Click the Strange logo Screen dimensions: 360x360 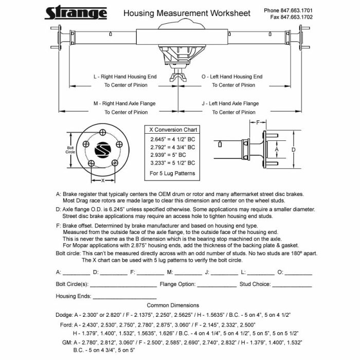(76, 12)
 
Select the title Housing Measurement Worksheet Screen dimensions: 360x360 (187, 13)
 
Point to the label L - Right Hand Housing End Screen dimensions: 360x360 (125, 77)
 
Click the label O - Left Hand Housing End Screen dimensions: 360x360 (231, 77)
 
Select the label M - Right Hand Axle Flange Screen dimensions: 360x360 (124, 103)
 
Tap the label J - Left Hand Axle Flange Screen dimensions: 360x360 (230, 103)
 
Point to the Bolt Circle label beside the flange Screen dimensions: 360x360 (71, 150)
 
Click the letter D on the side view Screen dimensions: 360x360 (293, 150)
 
